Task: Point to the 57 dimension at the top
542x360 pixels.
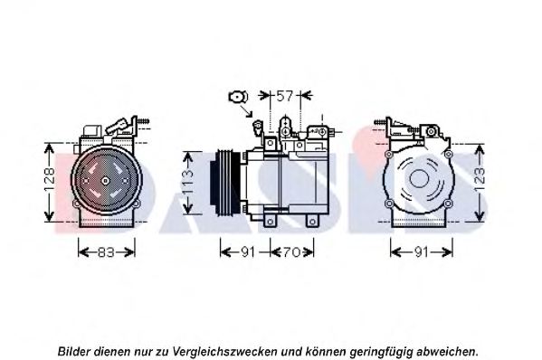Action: pyautogui.click(x=285, y=96)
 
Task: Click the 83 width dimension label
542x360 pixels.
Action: pyautogui.click(x=106, y=252)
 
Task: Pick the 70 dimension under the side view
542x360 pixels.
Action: pyautogui.click(x=291, y=252)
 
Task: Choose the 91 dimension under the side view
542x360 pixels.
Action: pyautogui.click(x=248, y=252)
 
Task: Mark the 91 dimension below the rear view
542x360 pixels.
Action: pyautogui.click(x=422, y=252)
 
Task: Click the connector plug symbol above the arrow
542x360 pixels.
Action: pyautogui.click(x=238, y=97)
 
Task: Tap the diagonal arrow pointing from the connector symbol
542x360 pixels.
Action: pyautogui.click(x=246, y=111)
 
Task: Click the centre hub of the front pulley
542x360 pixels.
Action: pyautogui.click(x=106, y=180)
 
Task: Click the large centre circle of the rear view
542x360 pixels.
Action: pyautogui.click(x=419, y=178)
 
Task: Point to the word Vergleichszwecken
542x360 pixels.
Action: pyautogui.click(x=224, y=352)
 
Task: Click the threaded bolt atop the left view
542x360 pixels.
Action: pyautogui.click(x=143, y=121)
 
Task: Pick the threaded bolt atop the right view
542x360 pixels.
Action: pyautogui.click(x=380, y=122)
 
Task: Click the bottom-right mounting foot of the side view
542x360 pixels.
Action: pyautogui.click(x=312, y=221)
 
